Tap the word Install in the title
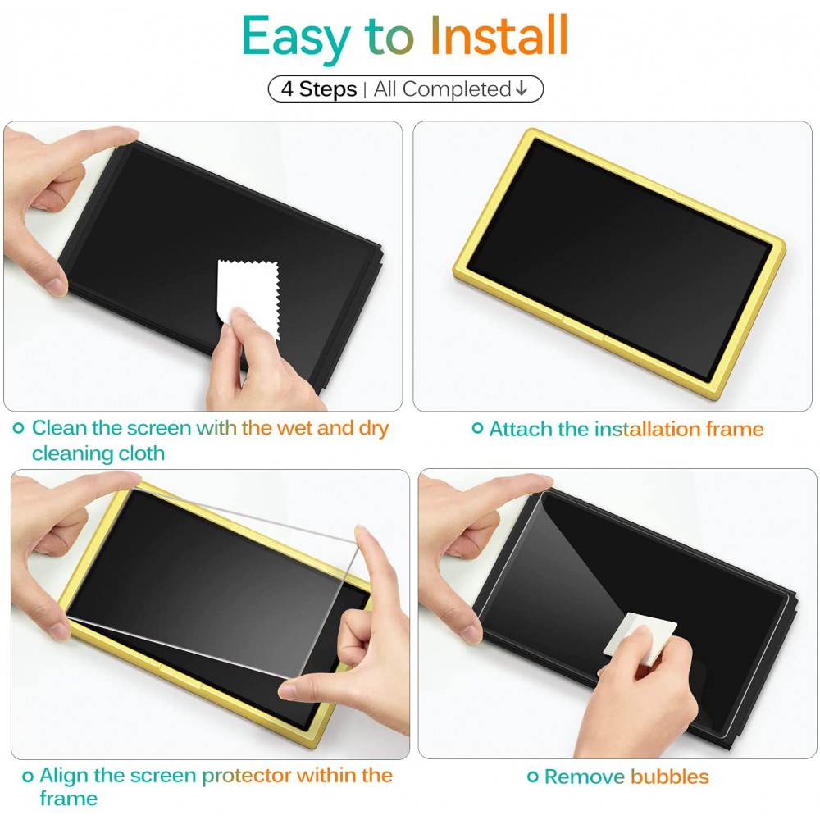pos(499,34)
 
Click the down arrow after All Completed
pos(522,89)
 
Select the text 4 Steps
pos(318,89)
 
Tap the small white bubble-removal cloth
pos(640,638)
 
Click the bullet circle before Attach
pos(477,428)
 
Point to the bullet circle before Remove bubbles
pos(532,777)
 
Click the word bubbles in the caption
pos(669,777)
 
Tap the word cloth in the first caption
pos(142,453)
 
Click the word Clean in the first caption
pos(59,428)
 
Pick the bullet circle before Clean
pos(18,428)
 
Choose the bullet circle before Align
pos(28,776)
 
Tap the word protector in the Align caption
pos(247,776)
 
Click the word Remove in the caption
pos(585,777)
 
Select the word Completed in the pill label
pos(457,89)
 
